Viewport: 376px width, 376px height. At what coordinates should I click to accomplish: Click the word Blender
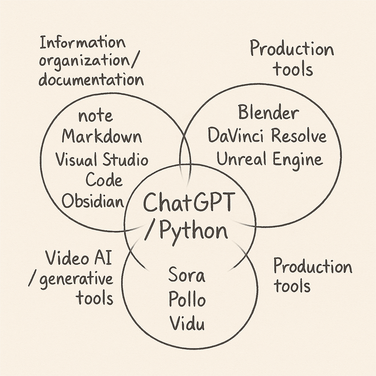pos(268,113)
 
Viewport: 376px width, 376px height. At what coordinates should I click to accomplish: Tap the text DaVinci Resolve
pos(267,136)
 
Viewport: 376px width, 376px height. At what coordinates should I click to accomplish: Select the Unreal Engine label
pos(269,159)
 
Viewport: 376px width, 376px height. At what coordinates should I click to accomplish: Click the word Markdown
pos(102,137)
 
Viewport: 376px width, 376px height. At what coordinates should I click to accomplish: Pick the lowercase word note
pos(95,116)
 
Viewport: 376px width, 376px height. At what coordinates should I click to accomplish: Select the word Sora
pos(187,276)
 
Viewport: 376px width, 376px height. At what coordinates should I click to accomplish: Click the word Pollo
pos(187,300)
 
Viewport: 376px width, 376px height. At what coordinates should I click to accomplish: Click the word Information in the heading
pos(83,43)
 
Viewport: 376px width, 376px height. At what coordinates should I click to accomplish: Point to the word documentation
pos(91,80)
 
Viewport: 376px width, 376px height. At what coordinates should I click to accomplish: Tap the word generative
pos(76,279)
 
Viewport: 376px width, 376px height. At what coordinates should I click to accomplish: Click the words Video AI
pos(79,259)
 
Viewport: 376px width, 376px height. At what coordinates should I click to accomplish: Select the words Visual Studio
pos(102,160)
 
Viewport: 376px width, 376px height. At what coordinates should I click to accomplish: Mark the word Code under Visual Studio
pos(104,180)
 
